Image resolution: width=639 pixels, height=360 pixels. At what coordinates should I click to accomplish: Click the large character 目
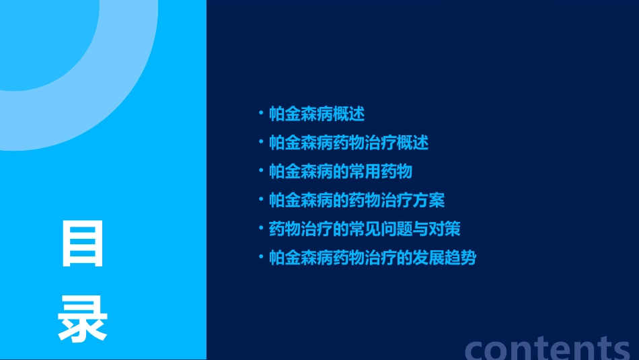click(x=83, y=244)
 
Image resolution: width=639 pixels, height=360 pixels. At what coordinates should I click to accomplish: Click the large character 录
click(x=82, y=319)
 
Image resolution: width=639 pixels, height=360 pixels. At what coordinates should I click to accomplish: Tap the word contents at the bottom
click(x=548, y=347)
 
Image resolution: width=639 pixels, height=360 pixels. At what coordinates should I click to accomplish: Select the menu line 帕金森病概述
click(x=317, y=114)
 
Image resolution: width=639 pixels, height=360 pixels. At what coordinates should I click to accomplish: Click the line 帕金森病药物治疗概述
click(x=348, y=143)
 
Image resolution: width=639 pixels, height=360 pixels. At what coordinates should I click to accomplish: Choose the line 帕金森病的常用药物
click(x=340, y=172)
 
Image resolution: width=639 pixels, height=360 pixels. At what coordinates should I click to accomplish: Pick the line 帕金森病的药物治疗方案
click(x=356, y=201)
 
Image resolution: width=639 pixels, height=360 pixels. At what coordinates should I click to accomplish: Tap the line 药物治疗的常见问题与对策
click(x=365, y=229)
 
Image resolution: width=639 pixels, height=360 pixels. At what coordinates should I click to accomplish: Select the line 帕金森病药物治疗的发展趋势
click(x=373, y=258)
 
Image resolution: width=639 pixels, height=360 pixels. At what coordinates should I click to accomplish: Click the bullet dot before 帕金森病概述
click(x=261, y=113)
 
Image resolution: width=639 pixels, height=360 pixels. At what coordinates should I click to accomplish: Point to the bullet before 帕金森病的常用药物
click(x=261, y=171)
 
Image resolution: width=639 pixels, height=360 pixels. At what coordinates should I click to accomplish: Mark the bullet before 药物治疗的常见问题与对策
click(x=261, y=228)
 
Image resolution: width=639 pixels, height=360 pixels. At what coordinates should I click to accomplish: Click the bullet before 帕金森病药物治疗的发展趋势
click(x=261, y=257)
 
